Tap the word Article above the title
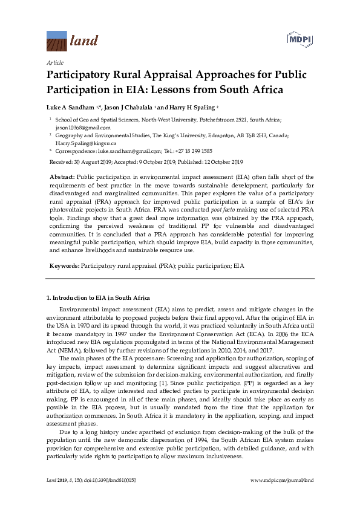(x=54, y=62)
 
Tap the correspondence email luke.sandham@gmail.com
(x=130, y=151)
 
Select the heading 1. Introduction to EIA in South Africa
(x=98, y=298)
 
